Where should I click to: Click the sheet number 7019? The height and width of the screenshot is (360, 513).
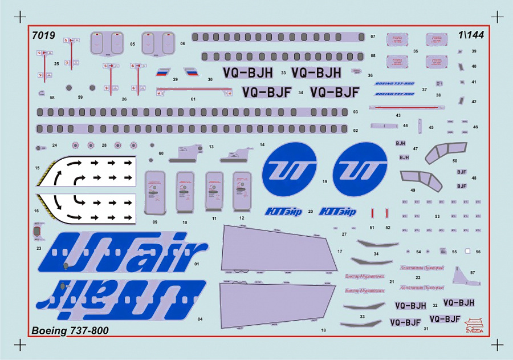click(x=44, y=35)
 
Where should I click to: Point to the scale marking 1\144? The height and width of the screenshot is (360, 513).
click(x=469, y=35)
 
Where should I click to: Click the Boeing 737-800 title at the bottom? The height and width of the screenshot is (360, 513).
click(x=70, y=330)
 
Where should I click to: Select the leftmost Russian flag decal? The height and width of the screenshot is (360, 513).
click(x=164, y=73)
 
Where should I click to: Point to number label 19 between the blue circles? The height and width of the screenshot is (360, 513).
click(x=324, y=183)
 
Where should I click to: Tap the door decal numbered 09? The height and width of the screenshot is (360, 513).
click(x=155, y=191)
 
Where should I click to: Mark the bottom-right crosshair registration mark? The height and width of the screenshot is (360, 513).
click(x=498, y=344)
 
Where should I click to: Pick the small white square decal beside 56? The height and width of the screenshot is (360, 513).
click(x=467, y=251)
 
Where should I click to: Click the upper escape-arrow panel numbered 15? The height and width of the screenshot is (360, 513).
click(x=87, y=170)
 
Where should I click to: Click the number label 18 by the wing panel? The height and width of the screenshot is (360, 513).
click(x=323, y=330)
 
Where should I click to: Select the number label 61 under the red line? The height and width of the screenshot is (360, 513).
click(x=193, y=99)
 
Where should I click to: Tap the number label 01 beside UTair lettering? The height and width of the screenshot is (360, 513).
click(x=197, y=264)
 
